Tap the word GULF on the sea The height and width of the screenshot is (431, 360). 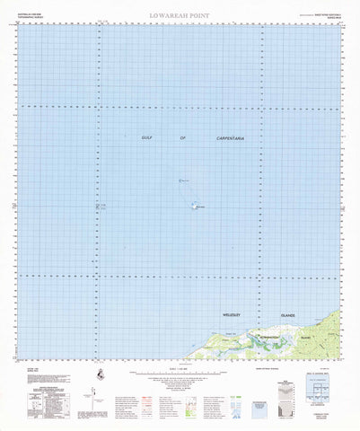(x=147, y=137)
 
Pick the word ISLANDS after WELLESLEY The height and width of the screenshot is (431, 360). (x=289, y=316)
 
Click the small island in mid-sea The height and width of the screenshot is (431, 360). (x=197, y=206)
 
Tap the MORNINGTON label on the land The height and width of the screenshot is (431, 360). (x=268, y=336)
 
